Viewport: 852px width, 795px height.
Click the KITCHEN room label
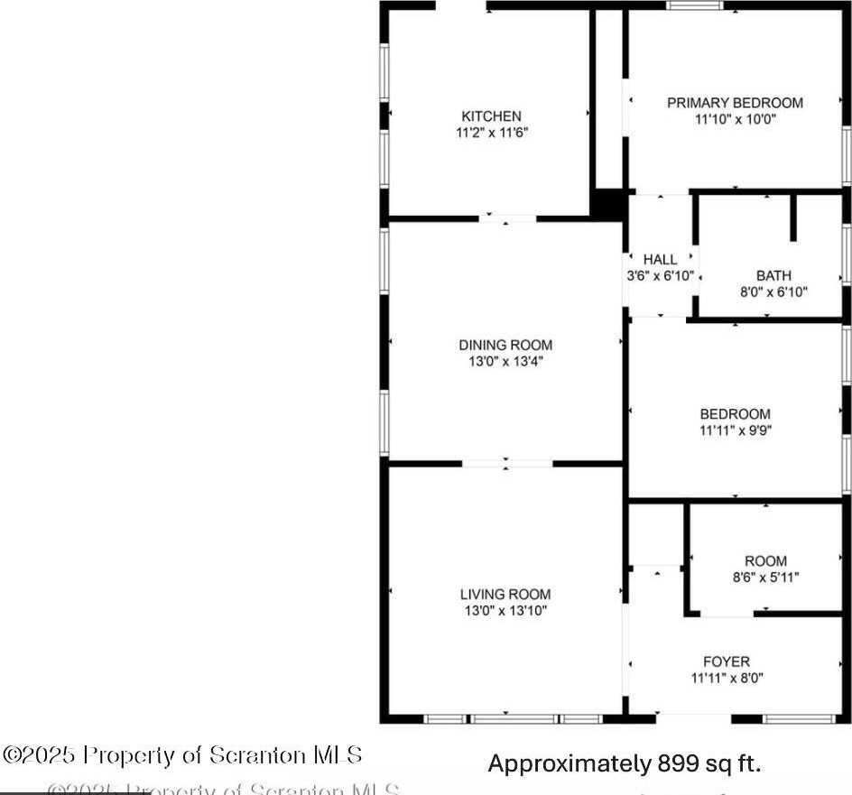coord(491,116)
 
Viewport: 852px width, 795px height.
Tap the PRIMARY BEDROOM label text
coord(735,103)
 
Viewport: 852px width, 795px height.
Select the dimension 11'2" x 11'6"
coord(491,132)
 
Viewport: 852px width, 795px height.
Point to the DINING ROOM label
coord(505,345)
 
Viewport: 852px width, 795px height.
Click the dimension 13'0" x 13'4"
coord(505,361)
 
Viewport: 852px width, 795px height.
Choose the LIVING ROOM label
coord(505,595)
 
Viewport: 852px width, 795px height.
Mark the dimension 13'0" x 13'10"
coord(505,611)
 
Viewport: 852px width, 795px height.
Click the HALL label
coord(660,260)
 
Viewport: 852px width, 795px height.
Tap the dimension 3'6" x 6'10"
coord(660,276)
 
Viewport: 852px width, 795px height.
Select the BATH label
coord(773,276)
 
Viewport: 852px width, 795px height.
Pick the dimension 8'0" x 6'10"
coord(773,291)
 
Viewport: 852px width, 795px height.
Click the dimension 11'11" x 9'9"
coord(735,430)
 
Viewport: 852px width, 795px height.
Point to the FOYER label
coord(727,661)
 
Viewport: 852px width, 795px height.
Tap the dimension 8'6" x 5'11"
coord(765,578)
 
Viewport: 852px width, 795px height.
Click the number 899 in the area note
coord(676,764)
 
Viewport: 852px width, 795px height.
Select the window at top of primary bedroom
coord(695,5)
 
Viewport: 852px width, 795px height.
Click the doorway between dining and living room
coord(507,464)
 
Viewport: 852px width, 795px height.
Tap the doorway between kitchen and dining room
coord(507,217)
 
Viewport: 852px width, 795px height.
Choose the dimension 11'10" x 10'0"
coord(735,118)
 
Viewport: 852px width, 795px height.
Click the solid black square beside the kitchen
coord(609,205)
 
